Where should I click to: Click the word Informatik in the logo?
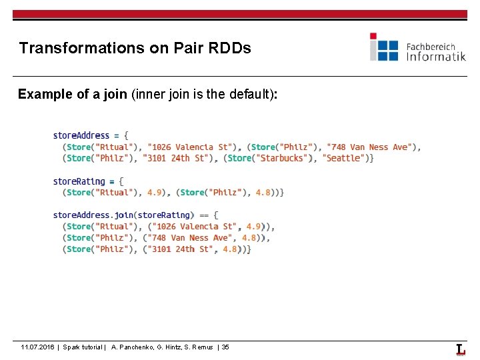point(436,57)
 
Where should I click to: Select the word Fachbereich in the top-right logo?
point(431,46)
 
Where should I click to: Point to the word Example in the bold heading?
point(45,95)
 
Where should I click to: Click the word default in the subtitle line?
point(247,95)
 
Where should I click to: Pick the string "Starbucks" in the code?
point(283,158)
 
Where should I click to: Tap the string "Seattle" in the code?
point(345,158)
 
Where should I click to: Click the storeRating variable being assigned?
point(79,181)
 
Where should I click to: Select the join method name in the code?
point(124,215)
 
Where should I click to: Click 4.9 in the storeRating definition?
point(155,192)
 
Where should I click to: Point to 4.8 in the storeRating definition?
point(263,192)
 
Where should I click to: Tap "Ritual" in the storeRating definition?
point(114,192)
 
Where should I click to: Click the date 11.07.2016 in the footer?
point(37,347)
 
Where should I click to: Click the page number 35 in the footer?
point(225,347)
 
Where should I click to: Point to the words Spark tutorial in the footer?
point(83,347)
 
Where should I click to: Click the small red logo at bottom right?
point(460,349)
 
